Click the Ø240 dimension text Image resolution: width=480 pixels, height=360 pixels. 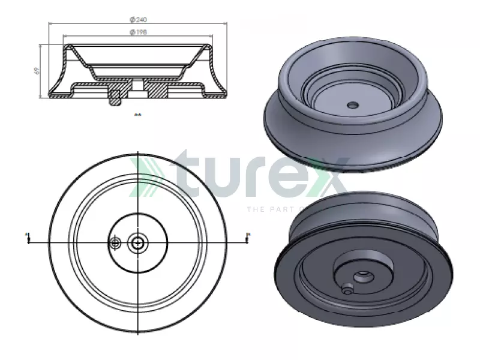[x=138, y=20]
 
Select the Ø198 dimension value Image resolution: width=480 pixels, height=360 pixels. [x=138, y=32]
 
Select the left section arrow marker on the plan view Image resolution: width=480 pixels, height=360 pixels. [x=28, y=238]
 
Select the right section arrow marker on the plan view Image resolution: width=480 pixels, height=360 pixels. [x=248, y=238]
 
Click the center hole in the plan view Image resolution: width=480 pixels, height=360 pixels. [x=139, y=242]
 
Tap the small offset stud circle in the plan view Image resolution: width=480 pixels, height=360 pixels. [x=115, y=242]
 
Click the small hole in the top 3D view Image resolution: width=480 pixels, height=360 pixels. [x=352, y=105]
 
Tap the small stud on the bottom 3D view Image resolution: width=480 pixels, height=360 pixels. [x=347, y=289]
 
